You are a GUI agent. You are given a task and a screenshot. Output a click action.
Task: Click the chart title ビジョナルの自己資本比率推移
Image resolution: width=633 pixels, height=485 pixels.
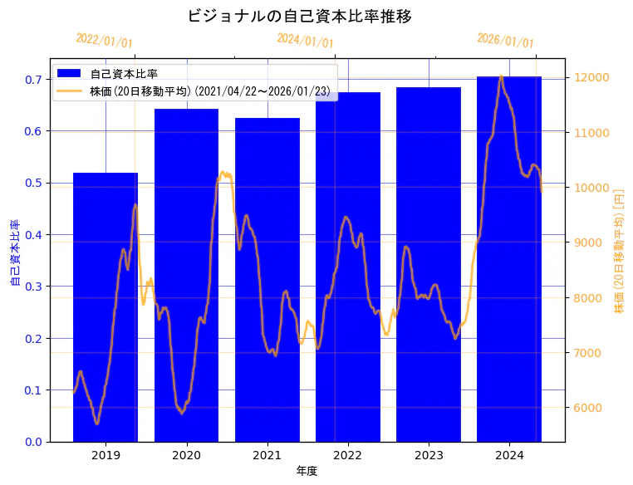pyautogui.click(x=300, y=17)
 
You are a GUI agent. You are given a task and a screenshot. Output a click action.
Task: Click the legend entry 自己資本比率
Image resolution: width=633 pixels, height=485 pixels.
pyautogui.click(x=124, y=74)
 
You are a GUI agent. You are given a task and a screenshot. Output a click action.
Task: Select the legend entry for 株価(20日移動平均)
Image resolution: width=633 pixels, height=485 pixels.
pyautogui.click(x=212, y=91)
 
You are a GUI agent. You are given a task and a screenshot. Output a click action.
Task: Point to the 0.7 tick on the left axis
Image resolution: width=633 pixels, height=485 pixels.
pyautogui.click(x=32, y=80)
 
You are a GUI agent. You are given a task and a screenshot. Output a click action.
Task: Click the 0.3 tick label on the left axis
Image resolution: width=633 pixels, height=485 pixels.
pyautogui.click(x=32, y=287)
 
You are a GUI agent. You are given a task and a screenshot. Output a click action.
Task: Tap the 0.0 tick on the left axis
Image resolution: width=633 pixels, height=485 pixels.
pyautogui.click(x=32, y=442)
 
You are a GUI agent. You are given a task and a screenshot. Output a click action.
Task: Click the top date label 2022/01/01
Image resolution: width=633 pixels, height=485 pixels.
pyautogui.click(x=104, y=41)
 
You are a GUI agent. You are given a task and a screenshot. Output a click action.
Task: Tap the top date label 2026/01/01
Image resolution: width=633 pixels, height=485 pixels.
pyautogui.click(x=505, y=41)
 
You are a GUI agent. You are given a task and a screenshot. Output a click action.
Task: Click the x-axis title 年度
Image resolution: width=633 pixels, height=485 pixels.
pyautogui.click(x=307, y=471)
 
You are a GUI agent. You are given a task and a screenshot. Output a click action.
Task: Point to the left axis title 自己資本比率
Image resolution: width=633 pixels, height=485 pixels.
pyautogui.click(x=15, y=253)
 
